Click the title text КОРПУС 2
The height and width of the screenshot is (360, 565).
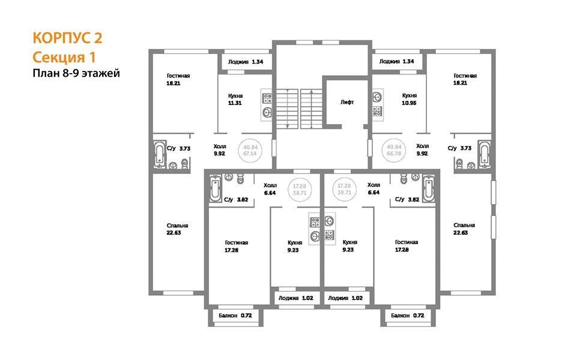67,38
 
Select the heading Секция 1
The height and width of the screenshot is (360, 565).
64,57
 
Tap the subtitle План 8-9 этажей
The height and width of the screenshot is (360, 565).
76,73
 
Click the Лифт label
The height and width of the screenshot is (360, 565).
347,102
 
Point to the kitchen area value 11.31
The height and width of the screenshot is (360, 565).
235,103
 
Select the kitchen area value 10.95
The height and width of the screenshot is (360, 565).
409,103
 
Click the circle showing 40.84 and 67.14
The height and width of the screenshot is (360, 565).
250,151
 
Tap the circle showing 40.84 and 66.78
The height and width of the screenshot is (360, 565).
394,150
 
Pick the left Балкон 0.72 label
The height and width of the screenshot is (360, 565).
235,316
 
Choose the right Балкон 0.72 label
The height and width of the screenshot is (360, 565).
408,316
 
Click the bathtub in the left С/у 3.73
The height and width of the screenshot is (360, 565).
159,154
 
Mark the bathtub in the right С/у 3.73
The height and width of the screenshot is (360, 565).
485,154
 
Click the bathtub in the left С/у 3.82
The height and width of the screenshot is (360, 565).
215,188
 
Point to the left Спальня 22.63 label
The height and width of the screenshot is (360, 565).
177,229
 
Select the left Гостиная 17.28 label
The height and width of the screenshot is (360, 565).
236,246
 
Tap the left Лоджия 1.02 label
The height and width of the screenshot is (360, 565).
295,298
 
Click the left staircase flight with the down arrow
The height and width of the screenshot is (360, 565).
287,109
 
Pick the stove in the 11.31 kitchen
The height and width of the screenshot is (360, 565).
267,98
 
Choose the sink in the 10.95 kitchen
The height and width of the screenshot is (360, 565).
378,97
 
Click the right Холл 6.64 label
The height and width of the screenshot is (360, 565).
373,188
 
